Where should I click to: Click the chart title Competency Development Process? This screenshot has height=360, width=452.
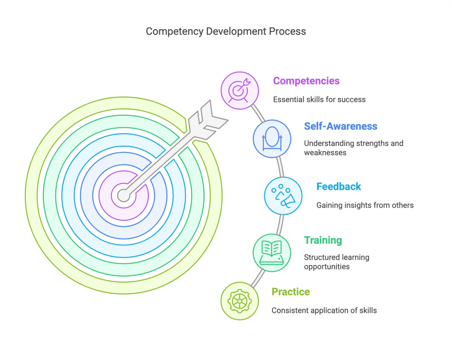[x=226, y=31]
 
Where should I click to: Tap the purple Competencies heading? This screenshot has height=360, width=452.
[x=306, y=81]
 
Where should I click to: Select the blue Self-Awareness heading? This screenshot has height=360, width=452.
[x=340, y=126]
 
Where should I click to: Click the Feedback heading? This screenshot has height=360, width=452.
[x=339, y=186]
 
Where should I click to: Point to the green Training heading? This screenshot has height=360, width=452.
[x=323, y=240]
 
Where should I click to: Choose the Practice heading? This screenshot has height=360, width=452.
[x=290, y=292]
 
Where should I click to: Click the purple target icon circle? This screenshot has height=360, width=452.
[x=240, y=91]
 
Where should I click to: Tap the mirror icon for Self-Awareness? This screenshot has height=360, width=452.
[x=272, y=139]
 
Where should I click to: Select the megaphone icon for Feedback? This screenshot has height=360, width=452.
[x=283, y=196]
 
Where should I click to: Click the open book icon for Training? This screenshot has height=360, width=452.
[x=272, y=253]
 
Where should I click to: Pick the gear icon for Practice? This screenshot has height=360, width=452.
[x=240, y=301]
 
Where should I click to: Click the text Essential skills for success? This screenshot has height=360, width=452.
[x=319, y=99]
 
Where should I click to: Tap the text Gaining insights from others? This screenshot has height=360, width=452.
[x=365, y=205]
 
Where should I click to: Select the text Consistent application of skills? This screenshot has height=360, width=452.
[x=324, y=311]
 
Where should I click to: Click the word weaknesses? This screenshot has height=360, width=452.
[x=325, y=152]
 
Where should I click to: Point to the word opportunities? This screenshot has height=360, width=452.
[x=327, y=267]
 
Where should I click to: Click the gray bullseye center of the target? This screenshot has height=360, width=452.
[x=124, y=195]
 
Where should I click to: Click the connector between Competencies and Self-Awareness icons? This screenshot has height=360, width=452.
[x=258, y=114]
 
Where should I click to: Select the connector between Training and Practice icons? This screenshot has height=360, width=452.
[x=258, y=278]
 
